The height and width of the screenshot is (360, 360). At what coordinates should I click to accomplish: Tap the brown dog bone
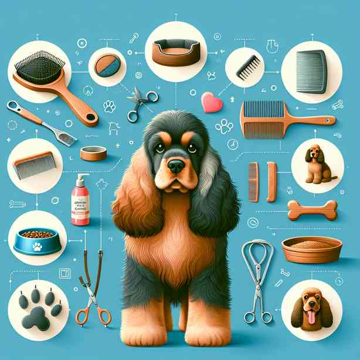click(313, 210)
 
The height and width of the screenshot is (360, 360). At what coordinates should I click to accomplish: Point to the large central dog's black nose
click(175, 165)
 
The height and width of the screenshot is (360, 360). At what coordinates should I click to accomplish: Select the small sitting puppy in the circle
click(318, 163)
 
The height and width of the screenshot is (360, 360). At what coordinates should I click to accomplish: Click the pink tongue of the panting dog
click(311, 317)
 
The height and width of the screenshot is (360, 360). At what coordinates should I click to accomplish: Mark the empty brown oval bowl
click(311, 249)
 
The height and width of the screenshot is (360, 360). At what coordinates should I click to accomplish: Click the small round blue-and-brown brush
click(106, 65)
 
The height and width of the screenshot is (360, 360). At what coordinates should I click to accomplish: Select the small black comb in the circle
click(249, 67)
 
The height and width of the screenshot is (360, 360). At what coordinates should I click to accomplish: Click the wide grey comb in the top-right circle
click(310, 72)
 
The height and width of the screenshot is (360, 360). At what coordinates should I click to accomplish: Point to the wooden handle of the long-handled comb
click(311, 121)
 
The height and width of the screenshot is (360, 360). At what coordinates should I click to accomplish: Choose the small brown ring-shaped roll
click(94, 154)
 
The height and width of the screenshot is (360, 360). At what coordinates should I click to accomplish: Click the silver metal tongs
click(257, 276)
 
